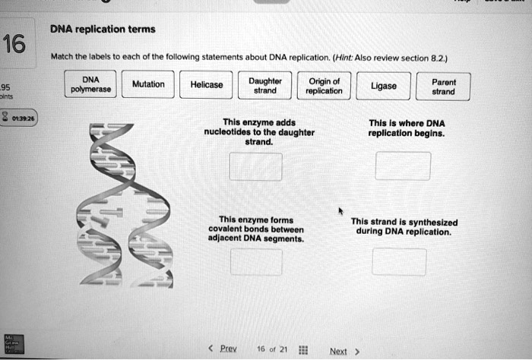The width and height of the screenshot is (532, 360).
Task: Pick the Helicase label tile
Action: click(207, 85)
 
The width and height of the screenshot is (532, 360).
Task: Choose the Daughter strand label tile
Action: click(265, 85)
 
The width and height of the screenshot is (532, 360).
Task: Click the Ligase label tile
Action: click(384, 87)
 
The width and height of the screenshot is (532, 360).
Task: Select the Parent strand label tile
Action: click(443, 87)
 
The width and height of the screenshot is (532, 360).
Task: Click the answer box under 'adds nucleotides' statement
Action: click(255, 166)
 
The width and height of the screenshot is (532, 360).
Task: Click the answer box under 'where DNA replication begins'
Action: click(402, 166)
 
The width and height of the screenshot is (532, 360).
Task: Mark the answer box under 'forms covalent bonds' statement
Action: click(255, 262)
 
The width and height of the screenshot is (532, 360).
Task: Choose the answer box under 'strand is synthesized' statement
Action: click(399, 262)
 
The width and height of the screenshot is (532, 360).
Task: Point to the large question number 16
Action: click(14, 45)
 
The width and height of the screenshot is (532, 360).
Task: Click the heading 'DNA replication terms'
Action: click(102, 30)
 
